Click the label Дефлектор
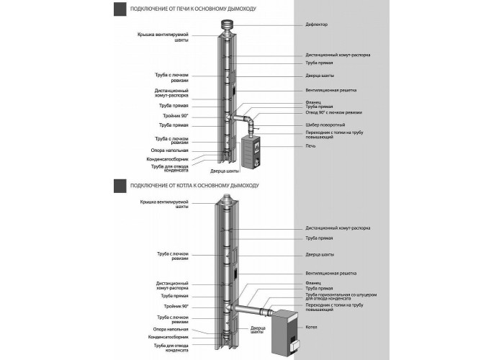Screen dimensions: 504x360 click(x=316, y=24)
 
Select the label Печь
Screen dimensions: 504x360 click(x=310, y=146)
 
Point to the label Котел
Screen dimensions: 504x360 click(x=311, y=327)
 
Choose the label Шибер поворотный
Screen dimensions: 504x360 click(x=325, y=125)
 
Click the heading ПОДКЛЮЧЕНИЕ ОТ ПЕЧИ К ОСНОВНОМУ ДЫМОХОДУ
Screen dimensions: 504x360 click(x=193, y=9)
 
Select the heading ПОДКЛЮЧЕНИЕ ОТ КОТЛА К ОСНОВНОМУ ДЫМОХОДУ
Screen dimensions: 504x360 click(x=194, y=186)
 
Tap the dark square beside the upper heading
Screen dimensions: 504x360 click(x=120, y=9)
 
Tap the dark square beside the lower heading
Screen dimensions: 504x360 click(x=120, y=186)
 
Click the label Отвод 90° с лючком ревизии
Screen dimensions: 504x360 click(x=333, y=112)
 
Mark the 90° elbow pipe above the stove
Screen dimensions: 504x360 click(x=250, y=123)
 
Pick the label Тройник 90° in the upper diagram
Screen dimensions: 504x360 click(x=176, y=116)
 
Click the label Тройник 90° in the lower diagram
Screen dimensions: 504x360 click(x=176, y=307)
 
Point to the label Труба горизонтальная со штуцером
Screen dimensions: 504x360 click(x=341, y=294)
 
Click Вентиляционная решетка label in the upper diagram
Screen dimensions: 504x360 click(x=330, y=90)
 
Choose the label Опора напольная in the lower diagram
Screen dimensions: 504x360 click(x=171, y=330)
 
